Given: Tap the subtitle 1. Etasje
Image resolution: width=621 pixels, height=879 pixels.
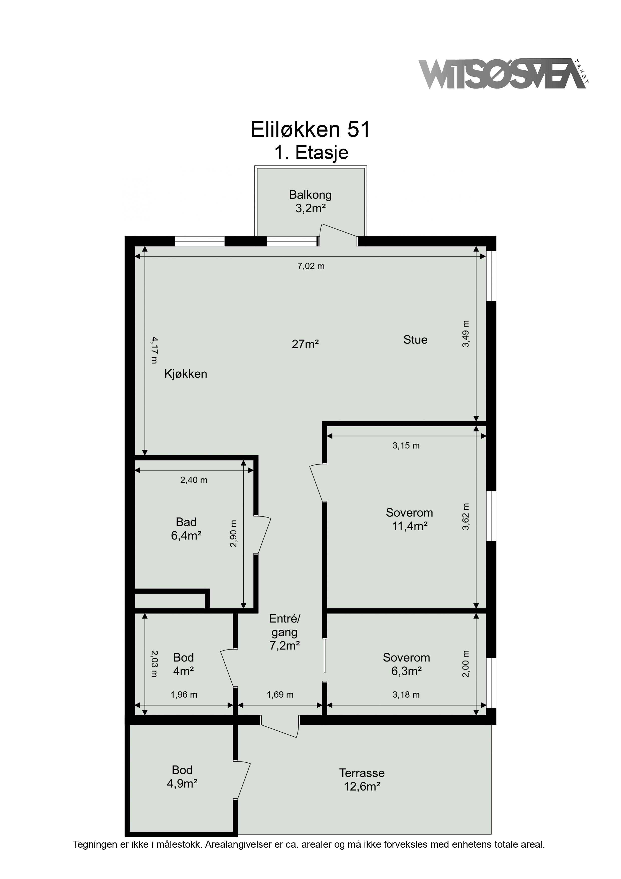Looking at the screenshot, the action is pyautogui.click(x=311, y=153).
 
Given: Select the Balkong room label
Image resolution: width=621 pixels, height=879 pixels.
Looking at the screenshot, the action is pyautogui.click(x=310, y=195).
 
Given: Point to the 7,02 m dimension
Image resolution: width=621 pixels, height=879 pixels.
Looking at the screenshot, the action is pyautogui.click(x=311, y=266).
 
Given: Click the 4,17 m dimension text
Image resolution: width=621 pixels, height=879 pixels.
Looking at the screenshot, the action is pyautogui.click(x=154, y=350).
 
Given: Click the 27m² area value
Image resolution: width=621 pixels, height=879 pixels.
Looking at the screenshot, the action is pyautogui.click(x=305, y=344).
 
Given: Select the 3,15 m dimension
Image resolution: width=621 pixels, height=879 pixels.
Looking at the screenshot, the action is pyautogui.click(x=406, y=445).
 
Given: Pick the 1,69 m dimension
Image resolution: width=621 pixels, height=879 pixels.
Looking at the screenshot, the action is pyautogui.click(x=280, y=695).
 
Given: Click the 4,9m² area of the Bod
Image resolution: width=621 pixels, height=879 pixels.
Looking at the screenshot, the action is pyautogui.click(x=182, y=784).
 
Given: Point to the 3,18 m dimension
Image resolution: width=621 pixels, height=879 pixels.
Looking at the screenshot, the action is pyautogui.click(x=406, y=695).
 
